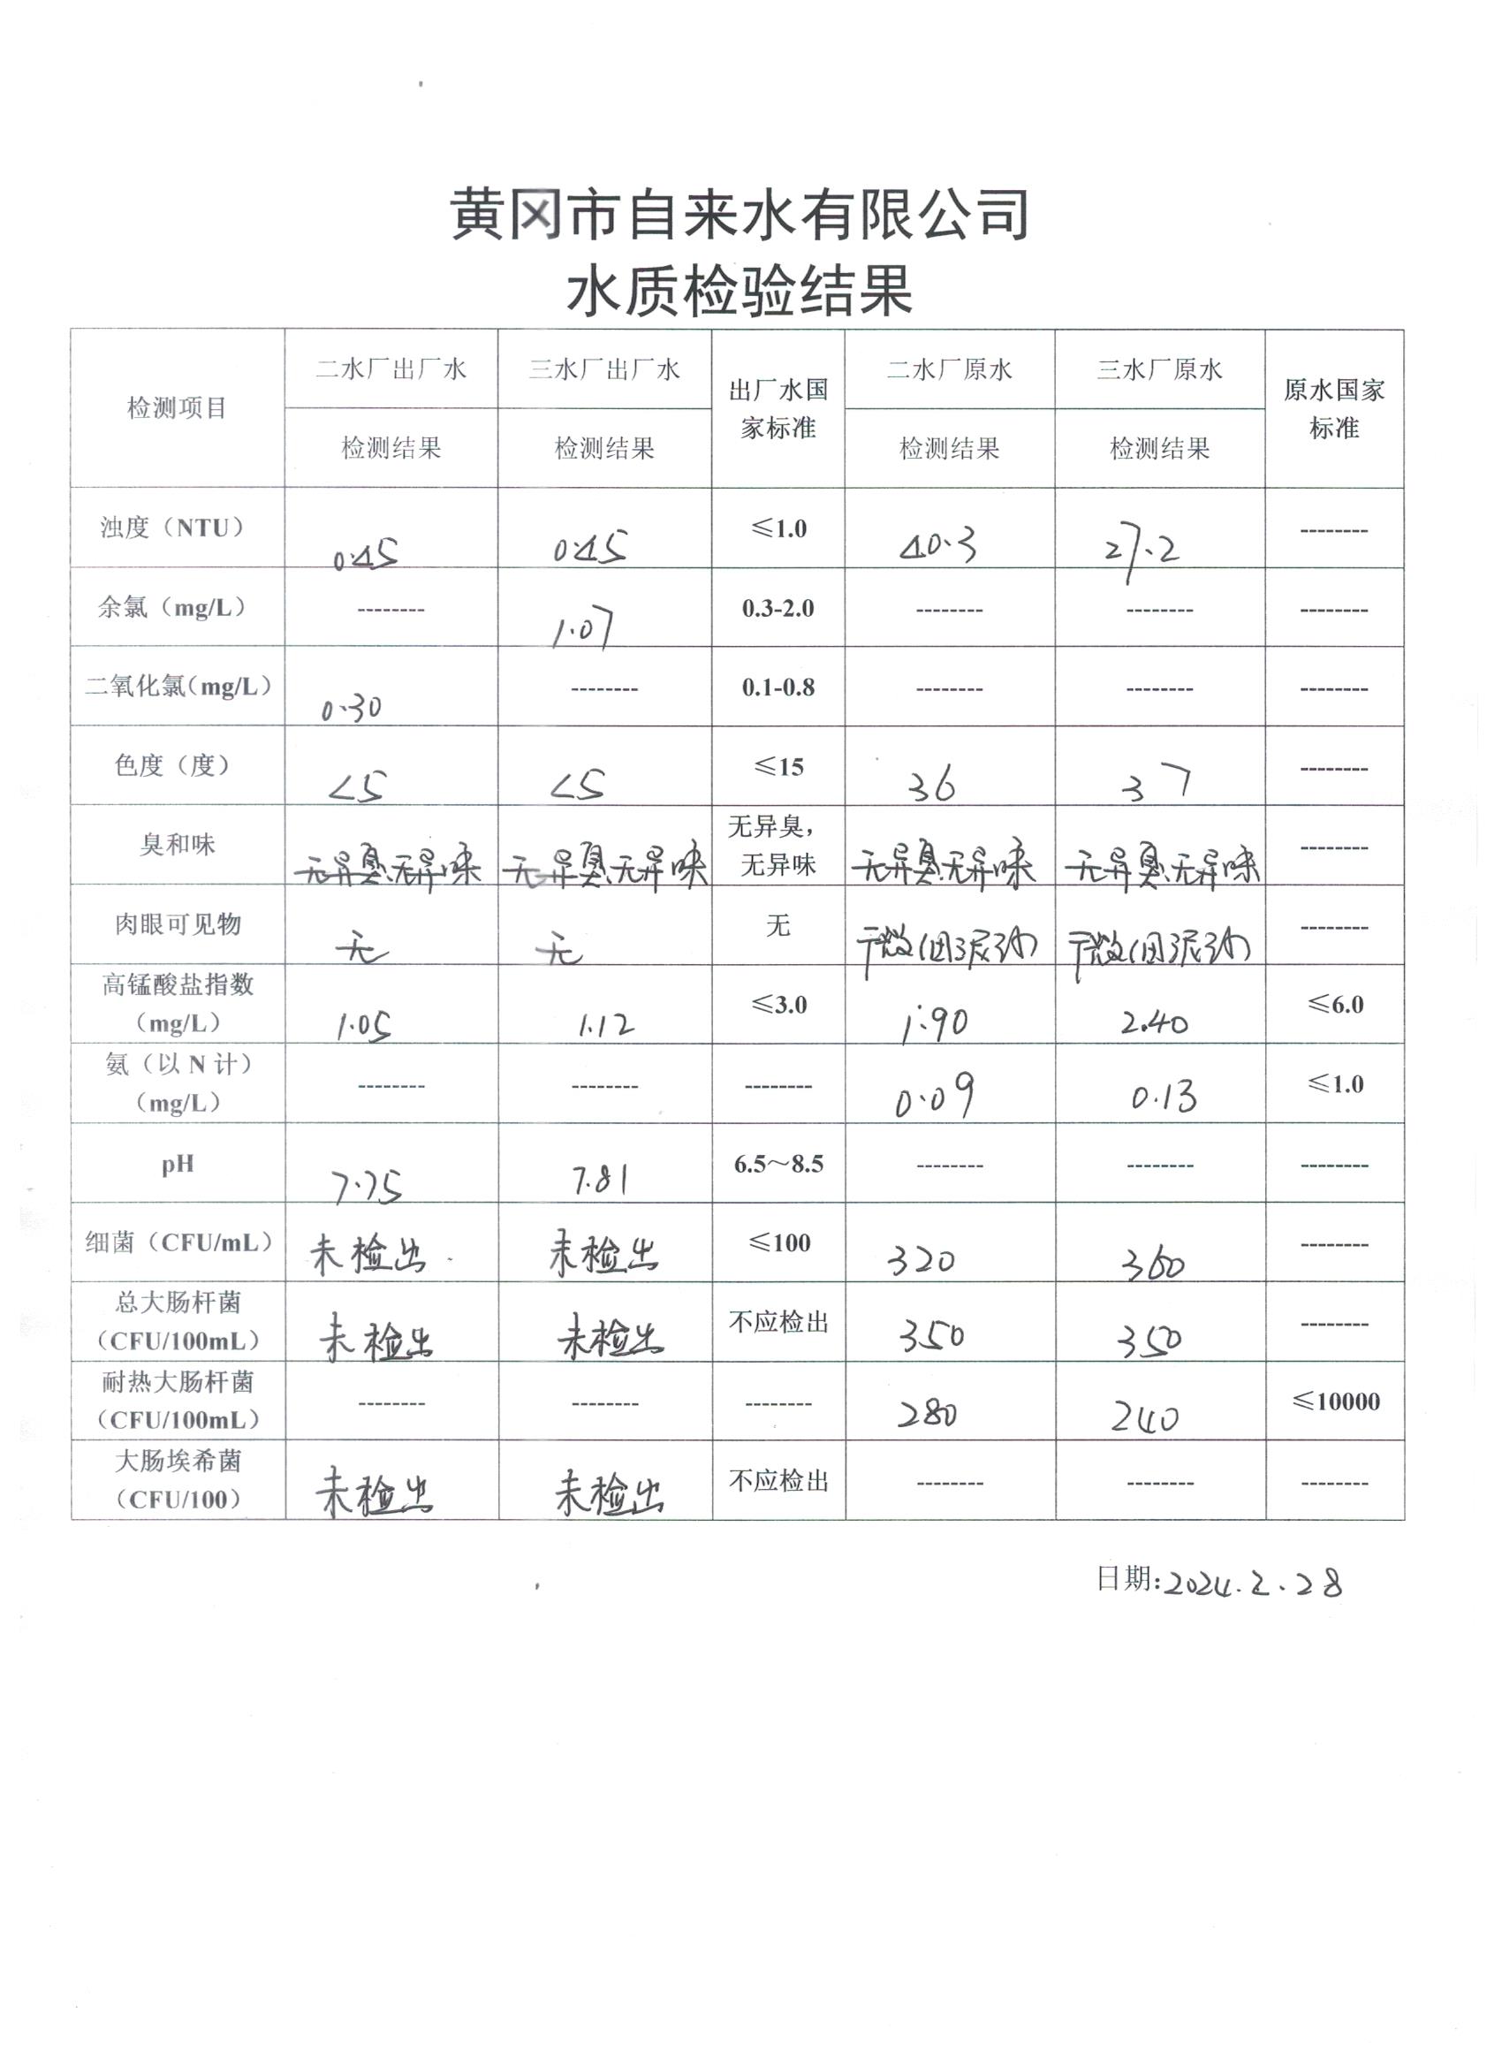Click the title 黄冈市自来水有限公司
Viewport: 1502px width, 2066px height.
(x=740, y=215)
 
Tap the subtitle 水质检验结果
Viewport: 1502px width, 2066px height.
(x=740, y=292)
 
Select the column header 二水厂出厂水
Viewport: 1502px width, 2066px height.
(x=391, y=369)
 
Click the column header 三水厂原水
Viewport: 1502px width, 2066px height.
(x=1158, y=369)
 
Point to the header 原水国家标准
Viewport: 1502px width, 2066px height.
(x=1333, y=408)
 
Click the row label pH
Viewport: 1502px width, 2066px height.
(x=177, y=1164)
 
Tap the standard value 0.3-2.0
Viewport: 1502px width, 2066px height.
(x=778, y=609)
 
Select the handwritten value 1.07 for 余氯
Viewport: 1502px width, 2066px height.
(x=583, y=628)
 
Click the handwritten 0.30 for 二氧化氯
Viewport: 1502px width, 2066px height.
(x=352, y=708)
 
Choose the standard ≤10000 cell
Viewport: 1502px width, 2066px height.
(x=1335, y=1401)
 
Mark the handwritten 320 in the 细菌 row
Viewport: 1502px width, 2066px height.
(x=922, y=1261)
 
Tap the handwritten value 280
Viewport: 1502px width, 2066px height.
(x=926, y=1414)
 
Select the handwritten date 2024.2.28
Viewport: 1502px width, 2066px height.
(x=1254, y=1584)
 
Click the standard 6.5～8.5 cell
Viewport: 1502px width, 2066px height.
(x=778, y=1164)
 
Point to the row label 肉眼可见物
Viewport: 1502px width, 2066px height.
(x=177, y=924)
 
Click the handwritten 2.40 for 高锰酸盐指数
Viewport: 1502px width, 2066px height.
(x=1154, y=1024)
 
